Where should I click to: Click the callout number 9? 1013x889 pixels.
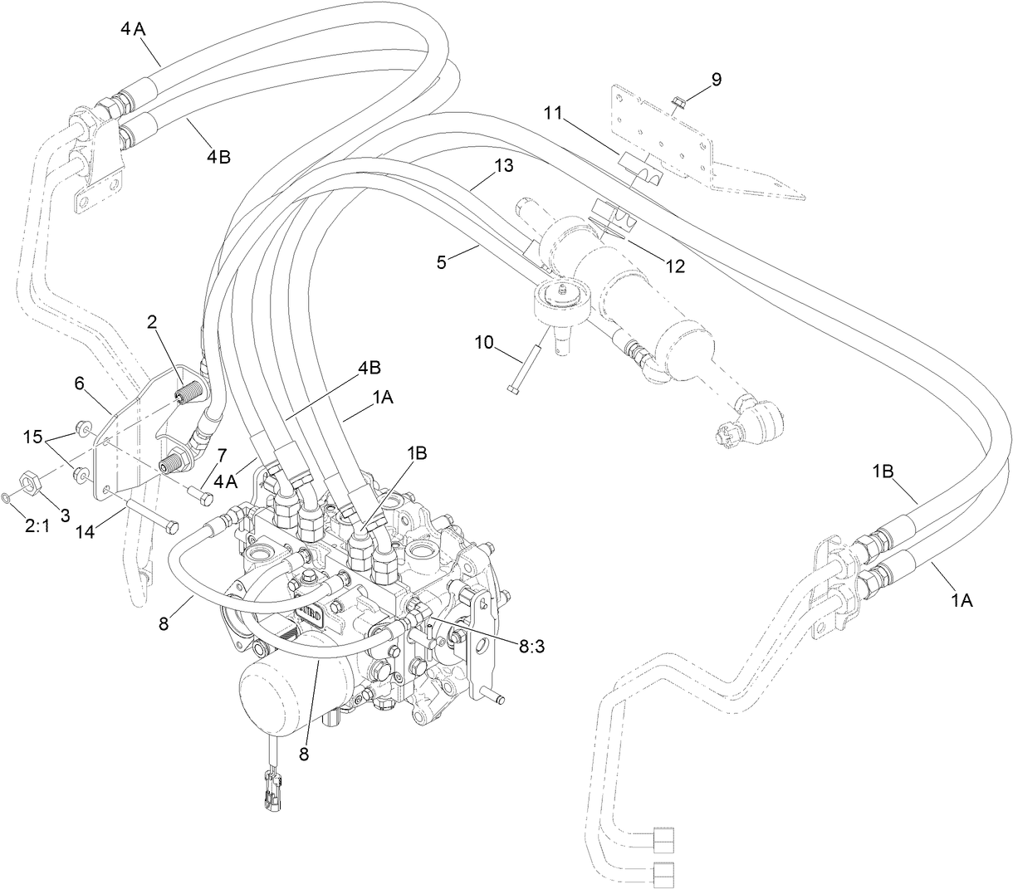716,80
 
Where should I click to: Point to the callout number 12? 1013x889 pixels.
674,266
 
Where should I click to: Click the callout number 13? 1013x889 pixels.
504,165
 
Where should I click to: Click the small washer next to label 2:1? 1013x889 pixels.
7,498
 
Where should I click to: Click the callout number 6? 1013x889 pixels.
80,383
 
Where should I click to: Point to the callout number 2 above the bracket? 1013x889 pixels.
153,324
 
